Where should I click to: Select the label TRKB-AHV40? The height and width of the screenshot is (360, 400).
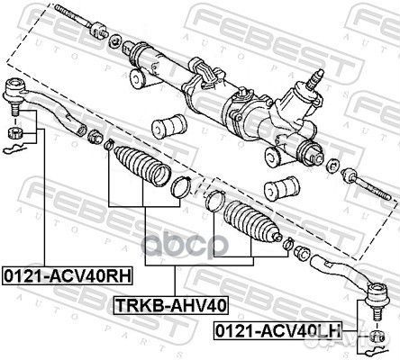click(x=169, y=306)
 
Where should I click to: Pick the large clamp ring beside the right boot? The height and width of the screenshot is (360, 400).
click(x=214, y=202)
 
